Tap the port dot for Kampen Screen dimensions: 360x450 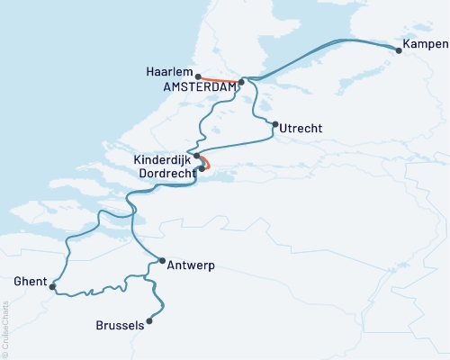click(399, 50)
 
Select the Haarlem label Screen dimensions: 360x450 click(167, 71)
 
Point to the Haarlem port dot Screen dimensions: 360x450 click(195, 76)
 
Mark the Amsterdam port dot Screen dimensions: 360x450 click(241, 82)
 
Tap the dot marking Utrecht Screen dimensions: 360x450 click(274, 125)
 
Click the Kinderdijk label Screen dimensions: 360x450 click(161, 158)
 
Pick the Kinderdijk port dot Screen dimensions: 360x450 click(196, 156)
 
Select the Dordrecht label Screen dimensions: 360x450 click(164, 171)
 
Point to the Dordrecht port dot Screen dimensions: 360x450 click(202, 168)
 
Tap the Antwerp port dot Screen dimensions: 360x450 click(161, 261)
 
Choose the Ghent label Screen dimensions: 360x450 click(30, 282)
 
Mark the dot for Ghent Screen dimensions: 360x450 click(53, 287)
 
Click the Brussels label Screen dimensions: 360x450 click(119, 326)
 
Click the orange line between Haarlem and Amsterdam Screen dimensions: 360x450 click(218, 80)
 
